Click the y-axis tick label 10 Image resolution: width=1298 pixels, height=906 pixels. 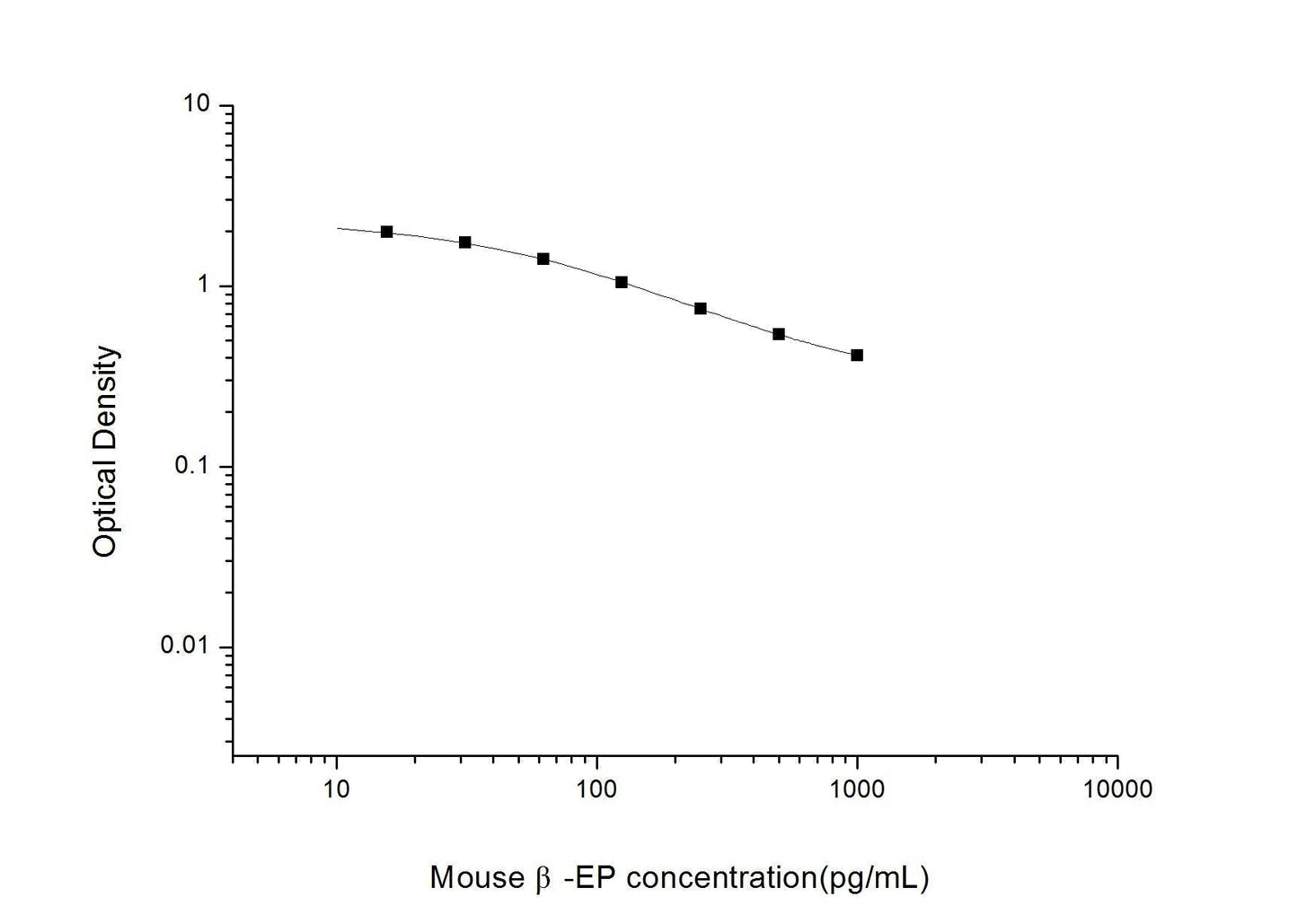click(x=197, y=104)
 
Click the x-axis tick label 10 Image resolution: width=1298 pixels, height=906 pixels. click(x=336, y=789)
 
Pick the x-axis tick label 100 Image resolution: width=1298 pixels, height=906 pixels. click(x=596, y=789)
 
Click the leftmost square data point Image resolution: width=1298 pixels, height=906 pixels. click(x=387, y=232)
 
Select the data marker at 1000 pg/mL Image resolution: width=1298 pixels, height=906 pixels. click(x=857, y=356)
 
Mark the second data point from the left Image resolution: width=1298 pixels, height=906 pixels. click(x=465, y=242)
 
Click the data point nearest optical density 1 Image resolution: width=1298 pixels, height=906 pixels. click(x=622, y=282)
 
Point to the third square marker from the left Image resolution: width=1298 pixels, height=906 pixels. click(x=543, y=259)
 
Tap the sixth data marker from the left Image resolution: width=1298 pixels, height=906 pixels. click(x=779, y=334)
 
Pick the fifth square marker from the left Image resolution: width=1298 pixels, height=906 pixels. click(x=701, y=309)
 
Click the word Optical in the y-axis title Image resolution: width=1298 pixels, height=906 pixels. click(x=106, y=509)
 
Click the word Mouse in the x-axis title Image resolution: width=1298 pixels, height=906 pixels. click(x=474, y=877)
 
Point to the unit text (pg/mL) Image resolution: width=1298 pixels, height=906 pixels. click(x=870, y=877)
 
